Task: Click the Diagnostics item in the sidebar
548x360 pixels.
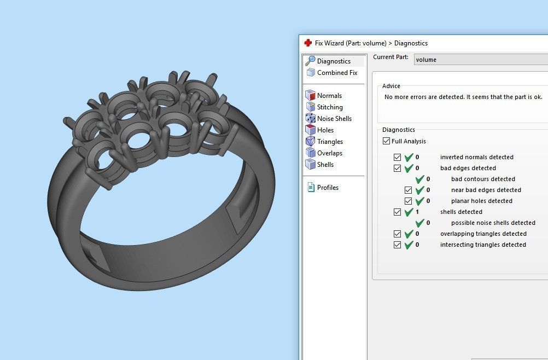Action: point(333,61)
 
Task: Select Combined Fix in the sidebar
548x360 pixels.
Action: point(336,73)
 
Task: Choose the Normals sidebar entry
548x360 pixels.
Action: point(329,96)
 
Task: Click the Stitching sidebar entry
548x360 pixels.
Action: point(329,107)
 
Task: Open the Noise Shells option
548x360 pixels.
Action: point(334,119)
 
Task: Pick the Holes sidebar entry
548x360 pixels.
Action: point(325,130)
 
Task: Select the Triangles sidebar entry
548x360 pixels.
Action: point(329,142)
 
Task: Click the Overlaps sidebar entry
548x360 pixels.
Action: point(329,153)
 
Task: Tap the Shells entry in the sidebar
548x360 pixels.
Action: point(325,165)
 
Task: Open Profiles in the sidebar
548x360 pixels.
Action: point(327,188)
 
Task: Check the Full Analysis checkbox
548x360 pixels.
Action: point(387,141)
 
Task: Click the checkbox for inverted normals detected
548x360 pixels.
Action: point(398,157)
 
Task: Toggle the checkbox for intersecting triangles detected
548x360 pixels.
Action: point(398,245)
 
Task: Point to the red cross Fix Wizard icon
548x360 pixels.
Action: point(308,43)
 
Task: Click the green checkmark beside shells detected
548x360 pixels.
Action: point(409,212)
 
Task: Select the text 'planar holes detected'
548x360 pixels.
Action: point(481,201)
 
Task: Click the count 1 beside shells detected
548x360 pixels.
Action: point(417,212)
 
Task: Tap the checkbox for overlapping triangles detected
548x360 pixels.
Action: point(398,234)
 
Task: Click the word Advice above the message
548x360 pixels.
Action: point(391,86)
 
